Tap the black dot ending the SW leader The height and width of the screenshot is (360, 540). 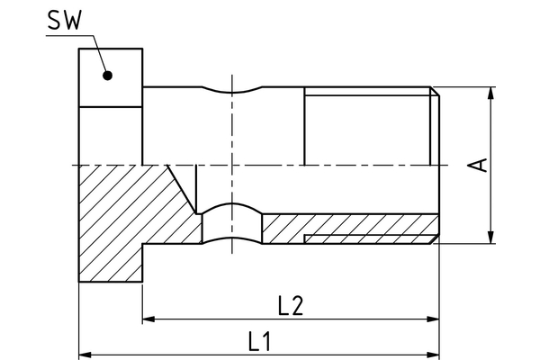[x=107, y=75]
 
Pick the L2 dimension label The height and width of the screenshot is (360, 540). [x=291, y=305]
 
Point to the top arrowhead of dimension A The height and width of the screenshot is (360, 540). [x=490, y=94]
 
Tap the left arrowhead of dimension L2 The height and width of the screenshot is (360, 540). [x=149, y=319]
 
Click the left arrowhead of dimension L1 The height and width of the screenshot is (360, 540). [x=85, y=353]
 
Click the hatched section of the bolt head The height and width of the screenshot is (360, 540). [x=117, y=225]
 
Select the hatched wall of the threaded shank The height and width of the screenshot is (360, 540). [x=360, y=224]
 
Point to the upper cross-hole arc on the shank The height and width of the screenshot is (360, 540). [x=231, y=92]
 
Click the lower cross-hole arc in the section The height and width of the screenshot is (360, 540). [x=231, y=207]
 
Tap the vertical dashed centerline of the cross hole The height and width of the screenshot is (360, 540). [x=231, y=144]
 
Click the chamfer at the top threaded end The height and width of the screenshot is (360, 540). [x=435, y=91]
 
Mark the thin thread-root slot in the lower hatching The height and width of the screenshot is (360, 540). [x=369, y=238]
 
